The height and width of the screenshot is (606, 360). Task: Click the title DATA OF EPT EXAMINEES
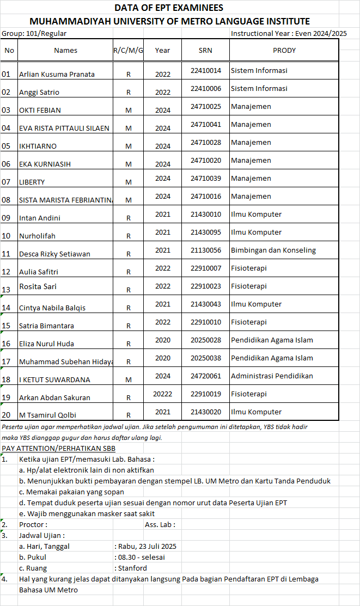[x=169, y=8]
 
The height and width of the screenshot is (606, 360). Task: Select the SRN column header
[x=206, y=50]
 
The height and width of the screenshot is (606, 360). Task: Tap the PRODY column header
[x=284, y=50]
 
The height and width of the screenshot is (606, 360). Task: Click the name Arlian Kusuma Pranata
[x=57, y=74]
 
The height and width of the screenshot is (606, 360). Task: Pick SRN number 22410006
[x=206, y=88]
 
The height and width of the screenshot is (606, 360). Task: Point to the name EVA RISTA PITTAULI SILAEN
[x=64, y=128]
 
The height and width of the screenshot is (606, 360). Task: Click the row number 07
[x=7, y=182]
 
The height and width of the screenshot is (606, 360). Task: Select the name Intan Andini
[x=40, y=218]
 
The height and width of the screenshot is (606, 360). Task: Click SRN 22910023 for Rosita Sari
[x=206, y=286]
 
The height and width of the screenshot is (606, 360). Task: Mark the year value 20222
[x=162, y=394]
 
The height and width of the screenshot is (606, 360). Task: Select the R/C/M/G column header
[x=129, y=50]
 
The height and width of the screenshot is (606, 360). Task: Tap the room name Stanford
[x=132, y=568]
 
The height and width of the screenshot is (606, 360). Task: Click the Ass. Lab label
[x=160, y=524]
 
